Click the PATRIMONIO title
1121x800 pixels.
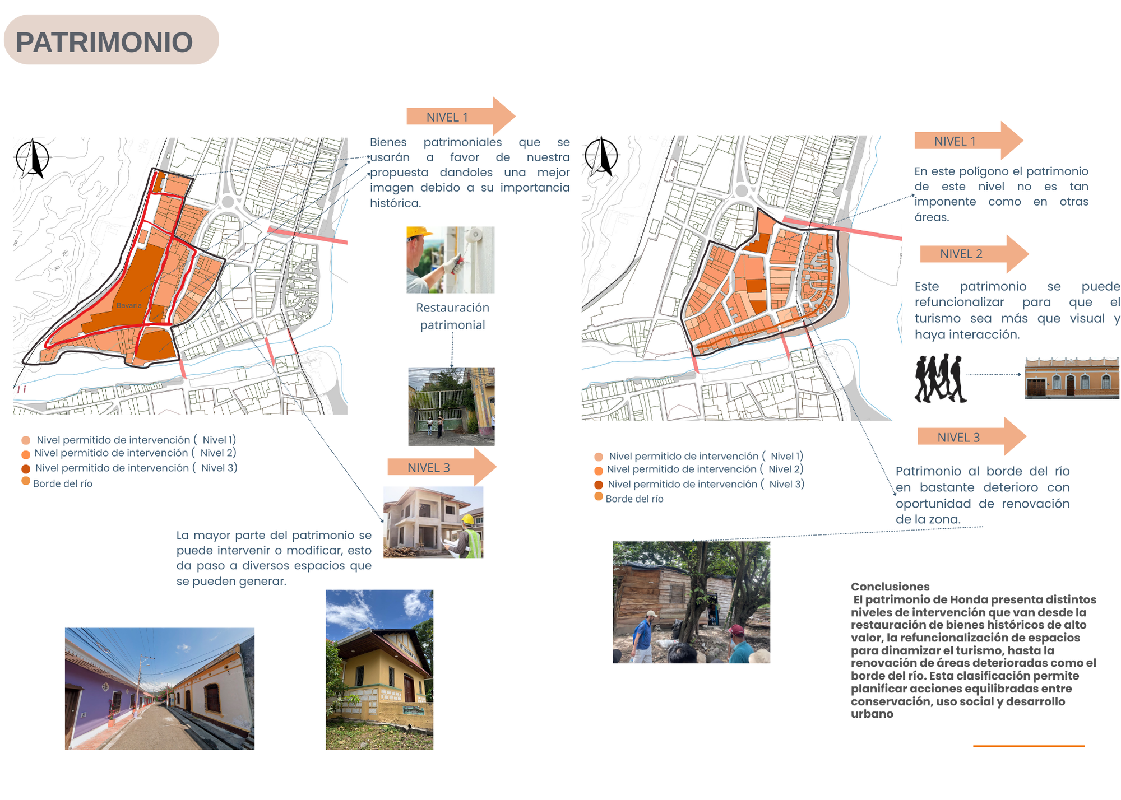point(104,42)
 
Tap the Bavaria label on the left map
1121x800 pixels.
point(129,305)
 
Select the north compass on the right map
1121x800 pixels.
point(601,156)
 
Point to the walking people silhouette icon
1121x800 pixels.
point(940,378)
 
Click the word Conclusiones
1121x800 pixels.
point(890,587)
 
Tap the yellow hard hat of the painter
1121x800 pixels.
point(418,232)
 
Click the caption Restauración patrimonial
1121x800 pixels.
point(452,316)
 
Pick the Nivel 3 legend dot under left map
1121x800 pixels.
point(26,469)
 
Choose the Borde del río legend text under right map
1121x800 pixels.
point(634,499)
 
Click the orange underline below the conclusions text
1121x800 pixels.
point(1029,746)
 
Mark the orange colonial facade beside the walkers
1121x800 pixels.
point(1071,379)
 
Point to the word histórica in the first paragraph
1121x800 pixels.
point(395,203)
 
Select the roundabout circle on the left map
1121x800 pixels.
point(228,202)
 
